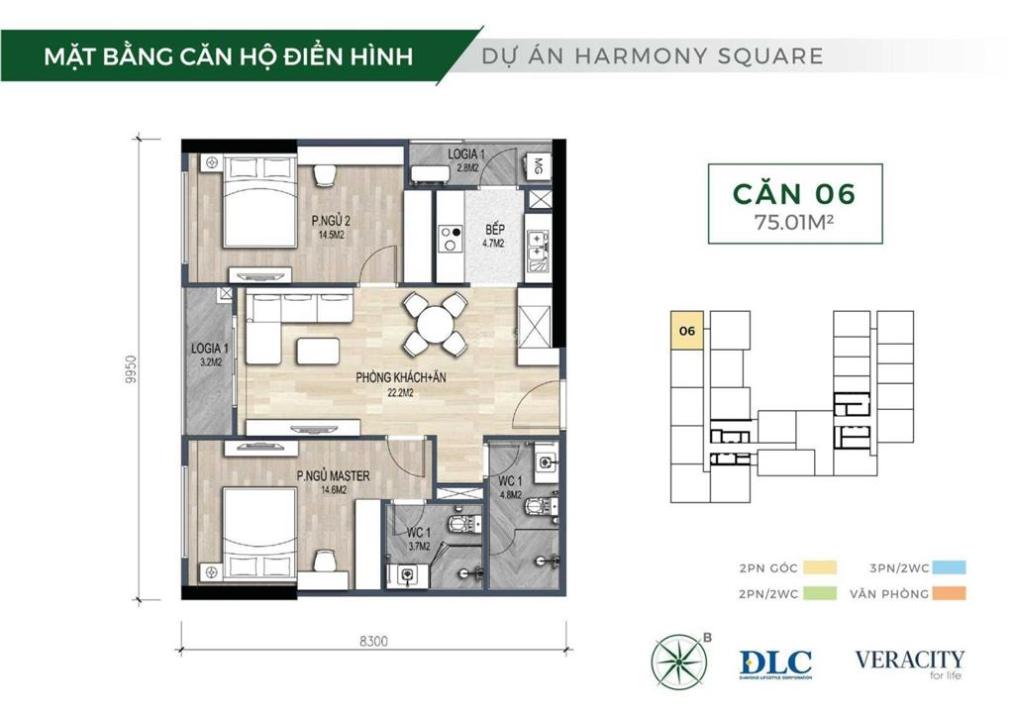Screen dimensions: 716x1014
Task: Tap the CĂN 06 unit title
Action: (x=793, y=192)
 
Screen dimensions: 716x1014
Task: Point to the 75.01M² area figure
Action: (x=793, y=221)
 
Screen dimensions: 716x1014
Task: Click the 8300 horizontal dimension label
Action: (x=373, y=641)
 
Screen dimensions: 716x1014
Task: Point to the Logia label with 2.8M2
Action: (x=465, y=160)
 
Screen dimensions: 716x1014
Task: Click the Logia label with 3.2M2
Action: (x=209, y=354)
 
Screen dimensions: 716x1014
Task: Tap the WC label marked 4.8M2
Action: (x=511, y=488)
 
